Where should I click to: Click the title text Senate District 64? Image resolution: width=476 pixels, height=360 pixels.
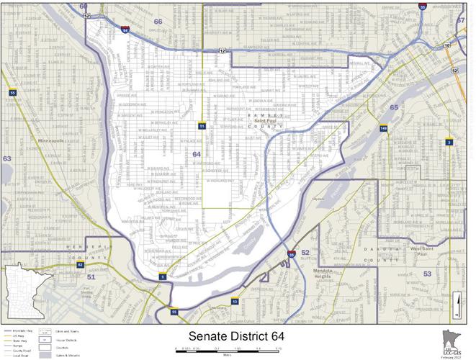click(x=238, y=336)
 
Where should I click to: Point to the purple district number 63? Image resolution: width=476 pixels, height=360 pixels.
click(x=7, y=158)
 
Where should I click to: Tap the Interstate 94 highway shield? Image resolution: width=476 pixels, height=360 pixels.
click(x=125, y=31)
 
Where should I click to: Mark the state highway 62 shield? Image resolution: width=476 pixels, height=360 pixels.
click(x=81, y=265)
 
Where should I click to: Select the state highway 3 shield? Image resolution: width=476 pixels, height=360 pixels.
click(x=449, y=142)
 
